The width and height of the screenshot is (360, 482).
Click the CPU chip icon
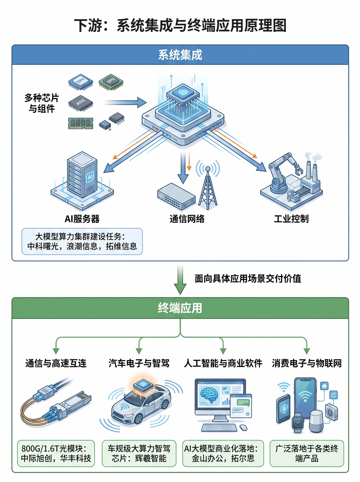[x=81, y=82]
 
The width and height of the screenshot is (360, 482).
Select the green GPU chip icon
[x=111, y=82]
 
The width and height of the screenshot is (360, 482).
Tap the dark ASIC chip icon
[x=81, y=103]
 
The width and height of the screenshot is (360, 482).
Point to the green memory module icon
[x=81, y=123]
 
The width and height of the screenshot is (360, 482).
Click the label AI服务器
[x=82, y=219]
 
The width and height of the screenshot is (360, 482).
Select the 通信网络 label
[x=187, y=219]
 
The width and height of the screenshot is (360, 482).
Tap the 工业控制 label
[x=291, y=219]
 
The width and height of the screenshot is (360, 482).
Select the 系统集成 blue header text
[x=180, y=55]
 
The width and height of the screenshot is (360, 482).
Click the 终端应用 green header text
[x=180, y=308]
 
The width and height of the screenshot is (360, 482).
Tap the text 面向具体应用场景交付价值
[x=248, y=278]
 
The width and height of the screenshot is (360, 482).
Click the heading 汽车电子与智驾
[x=139, y=363]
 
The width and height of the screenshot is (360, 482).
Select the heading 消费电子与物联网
[x=307, y=363]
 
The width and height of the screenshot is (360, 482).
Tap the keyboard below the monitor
[x=219, y=428]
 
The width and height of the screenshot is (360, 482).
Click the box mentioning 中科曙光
[x=82, y=241]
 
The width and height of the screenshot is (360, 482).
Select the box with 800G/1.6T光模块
[x=56, y=453]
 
